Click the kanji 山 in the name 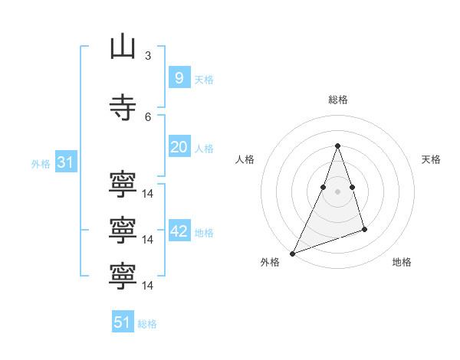click(x=123, y=46)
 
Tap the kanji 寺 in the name click(x=123, y=107)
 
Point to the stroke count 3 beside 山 click(x=148, y=56)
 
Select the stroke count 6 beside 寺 click(x=148, y=117)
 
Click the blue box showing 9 click(x=179, y=77)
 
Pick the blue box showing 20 click(x=179, y=146)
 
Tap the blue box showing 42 click(x=179, y=230)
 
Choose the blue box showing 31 click(x=66, y=162)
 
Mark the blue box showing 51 click(x=123, y=321)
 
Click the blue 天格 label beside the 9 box click(x=204, y=80)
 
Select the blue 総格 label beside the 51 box click(x=147, y=324)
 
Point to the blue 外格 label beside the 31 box click(x=41, y=164)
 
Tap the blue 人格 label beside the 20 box click(x=204, y=149)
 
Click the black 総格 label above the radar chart click(x=338, y=100)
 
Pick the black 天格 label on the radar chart click(x=431, y=159)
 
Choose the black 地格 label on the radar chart click(x=402, y=262)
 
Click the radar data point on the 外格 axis click(x=292, y=254)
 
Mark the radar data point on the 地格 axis click(x=364, y=229)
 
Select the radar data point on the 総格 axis click(x=337, y=146)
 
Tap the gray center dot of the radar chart click(x=337, y=191)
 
